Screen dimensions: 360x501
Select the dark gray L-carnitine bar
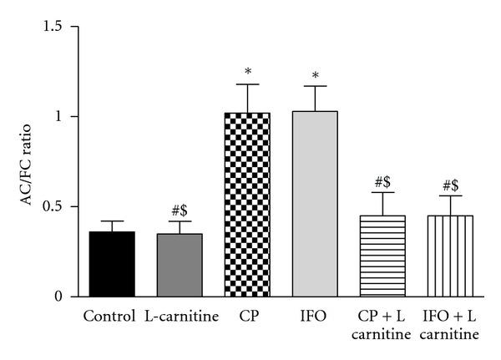[x=180, y=265]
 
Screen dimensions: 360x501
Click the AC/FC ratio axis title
[x=27, y=162]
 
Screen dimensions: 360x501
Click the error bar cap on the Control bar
[x=113, y=221]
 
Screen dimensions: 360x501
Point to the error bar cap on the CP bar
[x=248, y=84]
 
